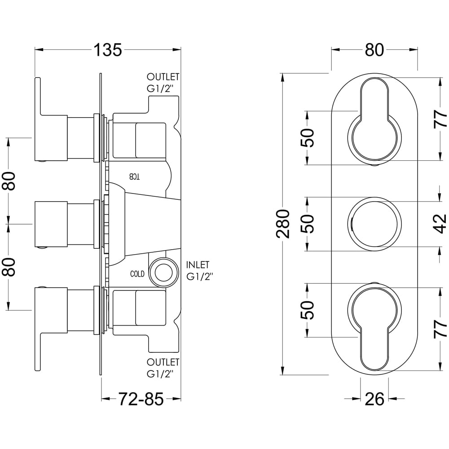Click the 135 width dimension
[x=107, y=49]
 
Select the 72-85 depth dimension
[x=141, y=398]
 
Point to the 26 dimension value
[x=374, y=398]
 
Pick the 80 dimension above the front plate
[x=374, y=50]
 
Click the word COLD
[x=137, y=273]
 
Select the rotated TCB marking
[x=135, y=176]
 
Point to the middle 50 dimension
[x=309, y=224]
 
